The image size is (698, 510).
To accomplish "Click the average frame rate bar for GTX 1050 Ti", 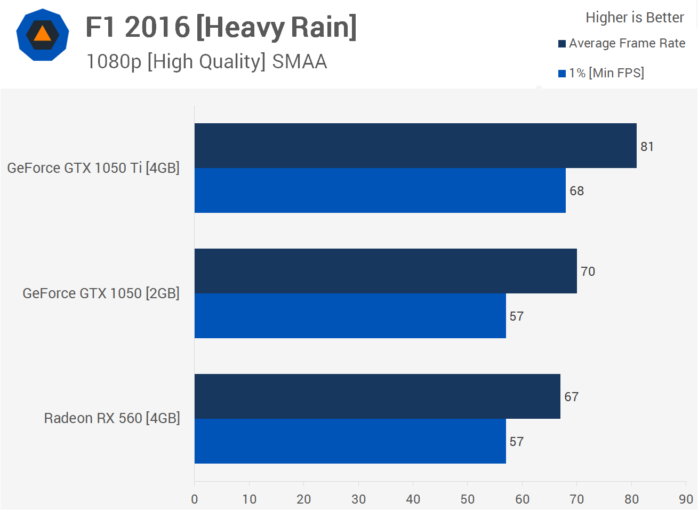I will [415, 146].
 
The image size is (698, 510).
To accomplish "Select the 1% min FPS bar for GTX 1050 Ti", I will [380, 190].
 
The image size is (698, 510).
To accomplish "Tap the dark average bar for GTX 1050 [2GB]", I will [386, 271].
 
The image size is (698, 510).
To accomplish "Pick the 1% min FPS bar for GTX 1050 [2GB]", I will [350, 316].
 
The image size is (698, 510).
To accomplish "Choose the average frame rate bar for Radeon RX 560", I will [377, 396].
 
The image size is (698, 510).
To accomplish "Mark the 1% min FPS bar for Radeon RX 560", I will [350, 441].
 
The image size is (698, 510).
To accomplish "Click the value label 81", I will [647, 147].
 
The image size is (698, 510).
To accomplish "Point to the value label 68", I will [576, 191].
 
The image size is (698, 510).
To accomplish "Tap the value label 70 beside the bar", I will [588, 272].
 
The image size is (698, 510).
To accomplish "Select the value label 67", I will [571, 397].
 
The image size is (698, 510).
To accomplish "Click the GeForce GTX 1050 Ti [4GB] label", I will [93, 168].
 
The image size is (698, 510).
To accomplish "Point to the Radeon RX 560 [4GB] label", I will [112, 418].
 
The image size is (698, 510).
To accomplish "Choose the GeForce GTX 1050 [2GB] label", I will [101, 293].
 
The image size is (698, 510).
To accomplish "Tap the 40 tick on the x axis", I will [413, 499].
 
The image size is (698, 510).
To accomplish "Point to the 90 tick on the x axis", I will [686, 499].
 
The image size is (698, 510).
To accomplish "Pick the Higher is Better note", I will [635, 18].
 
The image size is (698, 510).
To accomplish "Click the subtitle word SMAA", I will [299, 62].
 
